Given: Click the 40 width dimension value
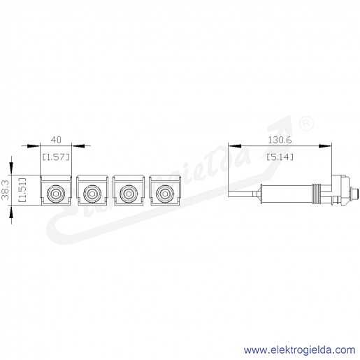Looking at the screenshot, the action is coord(56,140).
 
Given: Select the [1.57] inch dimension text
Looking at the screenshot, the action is coord(56,157).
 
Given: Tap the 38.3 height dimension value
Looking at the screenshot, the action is coord(5,190).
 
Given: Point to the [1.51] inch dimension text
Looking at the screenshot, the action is coord(22,190).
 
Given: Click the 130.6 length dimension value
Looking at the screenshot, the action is coord(280,140).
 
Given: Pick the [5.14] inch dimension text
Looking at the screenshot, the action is coord(280,157).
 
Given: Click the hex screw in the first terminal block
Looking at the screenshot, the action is coord(56,193).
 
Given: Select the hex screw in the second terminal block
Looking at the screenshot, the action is coord(92,193).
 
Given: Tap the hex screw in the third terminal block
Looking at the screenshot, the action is coord(129,193).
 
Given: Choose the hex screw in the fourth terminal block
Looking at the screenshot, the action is coord(165,193).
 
